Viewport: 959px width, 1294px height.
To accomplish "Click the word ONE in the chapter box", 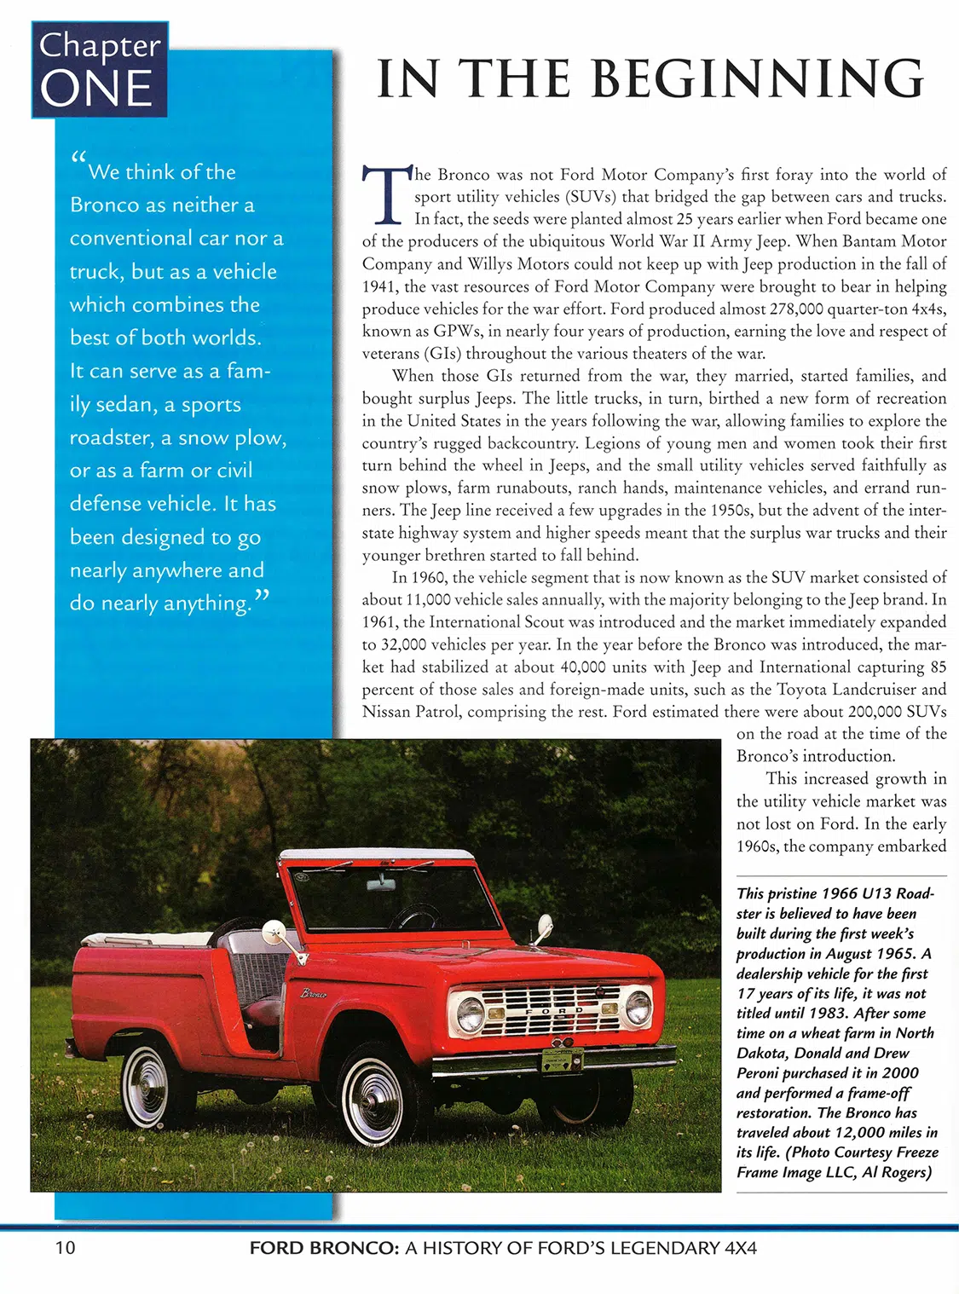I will (x=95, y=89).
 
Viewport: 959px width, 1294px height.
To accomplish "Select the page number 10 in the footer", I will (x=66, y=1248).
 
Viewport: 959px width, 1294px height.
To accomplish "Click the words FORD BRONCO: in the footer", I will (x=324, y=1248).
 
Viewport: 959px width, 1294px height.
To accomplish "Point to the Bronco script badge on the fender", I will (x=314, y=993).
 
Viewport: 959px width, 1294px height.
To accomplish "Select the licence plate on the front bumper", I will (x=562, y=1060).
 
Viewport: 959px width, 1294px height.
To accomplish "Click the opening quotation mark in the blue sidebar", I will (x=78, y=159).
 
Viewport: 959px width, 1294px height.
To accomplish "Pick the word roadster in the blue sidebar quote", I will (x=111, y=437).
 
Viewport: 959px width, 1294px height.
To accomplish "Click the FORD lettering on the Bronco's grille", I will (x=554, y=1010).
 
